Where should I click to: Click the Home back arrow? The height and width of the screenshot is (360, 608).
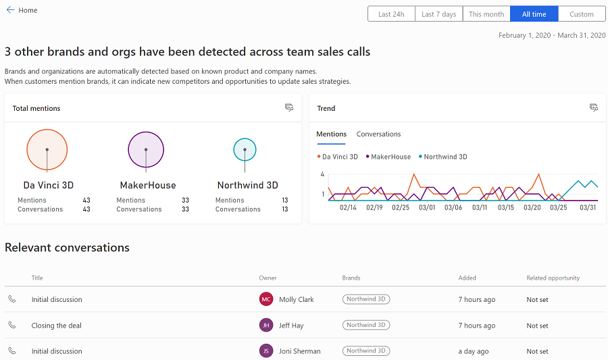10,10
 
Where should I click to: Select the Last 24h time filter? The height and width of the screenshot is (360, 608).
391,14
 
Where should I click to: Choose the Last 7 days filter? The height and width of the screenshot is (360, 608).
438,14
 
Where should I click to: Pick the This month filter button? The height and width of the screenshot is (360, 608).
486,14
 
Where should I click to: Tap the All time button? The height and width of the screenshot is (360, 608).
534,14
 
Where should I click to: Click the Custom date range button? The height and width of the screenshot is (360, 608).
581,14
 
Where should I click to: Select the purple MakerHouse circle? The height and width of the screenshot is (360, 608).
146,149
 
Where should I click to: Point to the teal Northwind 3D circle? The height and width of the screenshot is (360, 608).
245,149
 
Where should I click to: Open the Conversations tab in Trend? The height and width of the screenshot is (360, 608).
378,134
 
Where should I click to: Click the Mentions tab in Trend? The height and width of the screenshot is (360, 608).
331,134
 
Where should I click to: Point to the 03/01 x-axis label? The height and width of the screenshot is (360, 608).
428,208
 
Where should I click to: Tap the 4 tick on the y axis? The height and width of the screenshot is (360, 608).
322,174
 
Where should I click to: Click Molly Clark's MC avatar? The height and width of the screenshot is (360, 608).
266,299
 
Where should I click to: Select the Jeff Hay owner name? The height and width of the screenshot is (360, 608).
291,326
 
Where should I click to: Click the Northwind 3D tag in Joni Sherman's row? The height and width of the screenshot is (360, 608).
366,351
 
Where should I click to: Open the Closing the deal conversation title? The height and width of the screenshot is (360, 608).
56,326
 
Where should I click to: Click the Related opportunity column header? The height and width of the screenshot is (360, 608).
553,278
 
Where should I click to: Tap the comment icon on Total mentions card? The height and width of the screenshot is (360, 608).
289,107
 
